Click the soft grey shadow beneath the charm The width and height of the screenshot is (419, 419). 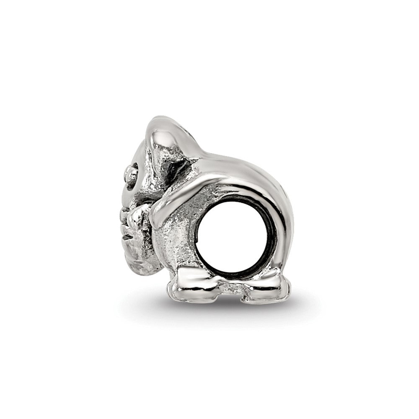[x=235, y=308]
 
